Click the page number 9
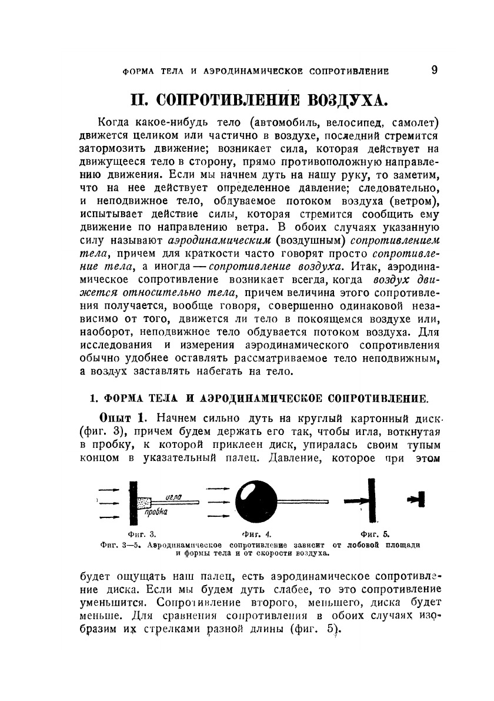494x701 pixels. pyautogui.click(x=434, y=70)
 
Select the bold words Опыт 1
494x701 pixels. pyautogui.click(x=122, y=418)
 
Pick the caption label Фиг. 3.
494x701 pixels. pyautogui.click(x=144, y=534)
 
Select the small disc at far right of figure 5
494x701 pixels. pyautogui.click(x=422, y=500)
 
